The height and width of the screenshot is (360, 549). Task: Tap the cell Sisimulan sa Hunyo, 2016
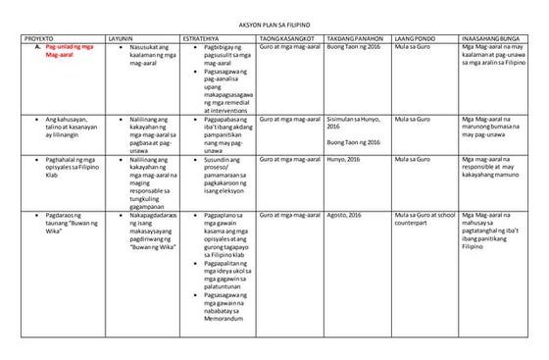point(354,123)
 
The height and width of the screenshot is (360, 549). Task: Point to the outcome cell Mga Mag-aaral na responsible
point(496,168)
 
